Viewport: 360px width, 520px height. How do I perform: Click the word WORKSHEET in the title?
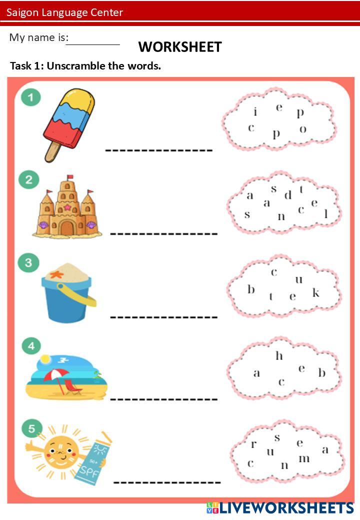pos(180,47)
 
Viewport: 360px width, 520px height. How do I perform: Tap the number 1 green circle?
pos(31,97)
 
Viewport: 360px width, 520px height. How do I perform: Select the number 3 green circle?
pos(28,263)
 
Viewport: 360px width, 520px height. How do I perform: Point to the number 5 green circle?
pos(32,428)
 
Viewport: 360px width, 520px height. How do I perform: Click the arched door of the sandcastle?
pos(66,228)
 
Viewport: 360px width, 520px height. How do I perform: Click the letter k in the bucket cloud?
pos(316,292)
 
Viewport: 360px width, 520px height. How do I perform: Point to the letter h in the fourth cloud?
pos(279,356)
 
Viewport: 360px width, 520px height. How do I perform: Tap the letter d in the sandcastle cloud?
pos(287,195)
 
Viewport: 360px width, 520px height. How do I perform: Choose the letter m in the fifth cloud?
pos(304,458)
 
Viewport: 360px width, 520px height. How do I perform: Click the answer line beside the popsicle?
pos(158,149)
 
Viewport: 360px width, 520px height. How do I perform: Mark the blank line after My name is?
pos(93,43)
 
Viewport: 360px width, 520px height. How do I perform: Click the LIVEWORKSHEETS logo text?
pos(286,508)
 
